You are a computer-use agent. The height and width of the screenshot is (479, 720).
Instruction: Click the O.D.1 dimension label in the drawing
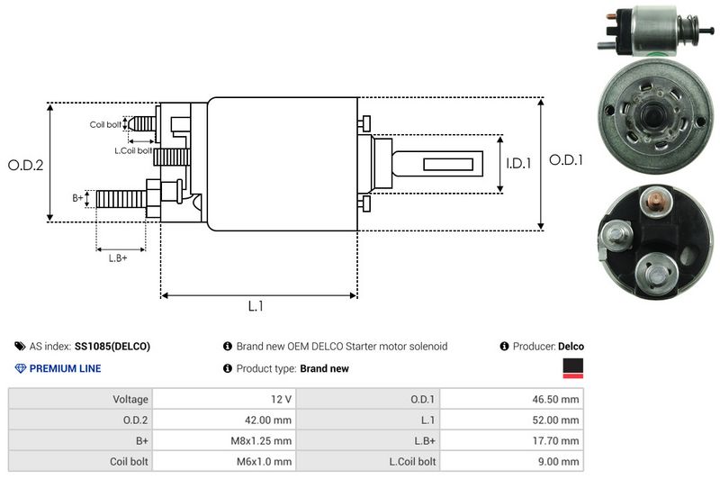(567, 159)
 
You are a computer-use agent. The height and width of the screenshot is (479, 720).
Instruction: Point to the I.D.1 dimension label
(518, 164)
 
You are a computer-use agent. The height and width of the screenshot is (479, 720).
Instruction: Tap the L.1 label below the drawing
(256, 306)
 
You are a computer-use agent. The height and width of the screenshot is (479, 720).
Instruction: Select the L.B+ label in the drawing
(118, 258)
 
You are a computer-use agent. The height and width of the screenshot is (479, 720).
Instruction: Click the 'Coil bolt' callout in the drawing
(105, 124)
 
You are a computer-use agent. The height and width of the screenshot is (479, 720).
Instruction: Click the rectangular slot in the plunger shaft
(447, 164)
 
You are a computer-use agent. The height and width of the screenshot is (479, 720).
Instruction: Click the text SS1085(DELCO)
(112, 347)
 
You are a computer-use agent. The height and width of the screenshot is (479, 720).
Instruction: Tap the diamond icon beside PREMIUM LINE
(21, 368)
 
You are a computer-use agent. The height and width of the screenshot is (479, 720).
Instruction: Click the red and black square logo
(572, 367)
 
